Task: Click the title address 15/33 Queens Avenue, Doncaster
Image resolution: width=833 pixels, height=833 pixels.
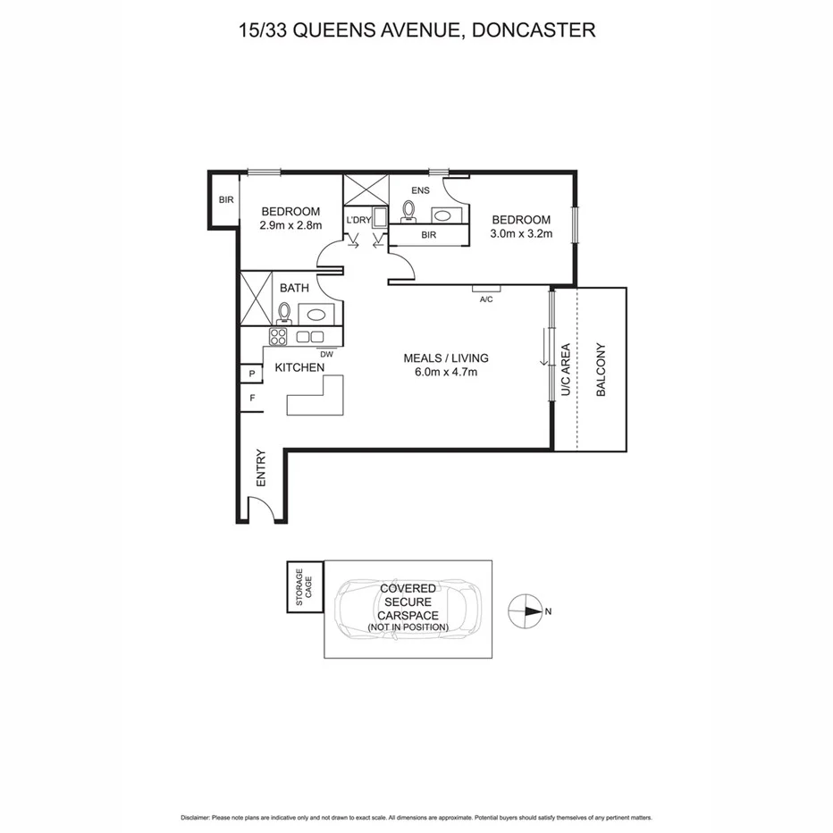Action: [416, 30]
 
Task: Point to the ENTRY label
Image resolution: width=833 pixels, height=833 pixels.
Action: [261, 467]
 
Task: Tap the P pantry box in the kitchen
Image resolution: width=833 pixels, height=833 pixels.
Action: [251, 374]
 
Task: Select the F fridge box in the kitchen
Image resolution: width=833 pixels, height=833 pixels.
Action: [251, 399]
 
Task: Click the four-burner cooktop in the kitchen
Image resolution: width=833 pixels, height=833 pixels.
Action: [278, 337]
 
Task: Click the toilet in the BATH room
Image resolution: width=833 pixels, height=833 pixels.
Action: [284, 312]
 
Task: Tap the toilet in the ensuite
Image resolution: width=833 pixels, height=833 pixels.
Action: [409, 211]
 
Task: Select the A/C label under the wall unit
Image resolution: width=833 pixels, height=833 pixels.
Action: [486, 299]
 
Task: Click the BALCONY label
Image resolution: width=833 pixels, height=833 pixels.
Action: [601, 370]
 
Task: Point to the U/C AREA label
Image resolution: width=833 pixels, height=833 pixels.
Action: [565, 370]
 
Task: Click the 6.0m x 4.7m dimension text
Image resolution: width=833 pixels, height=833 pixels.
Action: [445, 373]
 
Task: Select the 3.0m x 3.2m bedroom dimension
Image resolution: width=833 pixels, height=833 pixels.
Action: [521, 234]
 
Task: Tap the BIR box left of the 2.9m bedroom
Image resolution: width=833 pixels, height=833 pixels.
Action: [225, 200]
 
